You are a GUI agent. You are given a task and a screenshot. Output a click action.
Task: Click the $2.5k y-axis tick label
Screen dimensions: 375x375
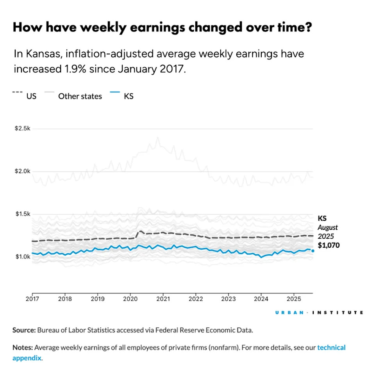click(x=23, y=129)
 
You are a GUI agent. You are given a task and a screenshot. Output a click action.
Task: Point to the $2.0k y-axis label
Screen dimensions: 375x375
click(x=23, y=171)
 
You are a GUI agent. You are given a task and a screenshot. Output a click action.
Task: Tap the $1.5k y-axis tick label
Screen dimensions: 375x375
click(x=23, y=214)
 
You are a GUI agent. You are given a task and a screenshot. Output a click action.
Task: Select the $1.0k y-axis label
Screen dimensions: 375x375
click(x=23, y=257)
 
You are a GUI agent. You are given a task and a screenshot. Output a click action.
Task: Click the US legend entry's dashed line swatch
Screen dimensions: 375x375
click(x=18, y=92)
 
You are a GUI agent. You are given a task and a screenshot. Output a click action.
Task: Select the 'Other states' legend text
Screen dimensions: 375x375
click(x=80, y=96)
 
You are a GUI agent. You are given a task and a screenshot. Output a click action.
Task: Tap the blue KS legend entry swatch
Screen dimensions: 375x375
click(x=115, y=92)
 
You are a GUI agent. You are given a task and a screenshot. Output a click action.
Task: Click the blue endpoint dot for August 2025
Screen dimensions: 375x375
click(x=312, y=251)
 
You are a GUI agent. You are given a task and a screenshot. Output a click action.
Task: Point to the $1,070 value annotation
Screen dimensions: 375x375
click(x=329, y=246)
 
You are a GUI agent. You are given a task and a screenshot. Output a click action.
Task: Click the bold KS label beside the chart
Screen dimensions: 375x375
click(x=322, y=218)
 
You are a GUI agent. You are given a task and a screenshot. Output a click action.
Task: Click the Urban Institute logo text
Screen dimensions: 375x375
click(x=319, y=312)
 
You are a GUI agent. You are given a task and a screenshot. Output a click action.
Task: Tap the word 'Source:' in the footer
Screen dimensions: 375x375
click(x=24, y=330)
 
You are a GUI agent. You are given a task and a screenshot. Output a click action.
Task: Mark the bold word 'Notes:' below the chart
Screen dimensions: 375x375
click(x=23, y=347)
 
